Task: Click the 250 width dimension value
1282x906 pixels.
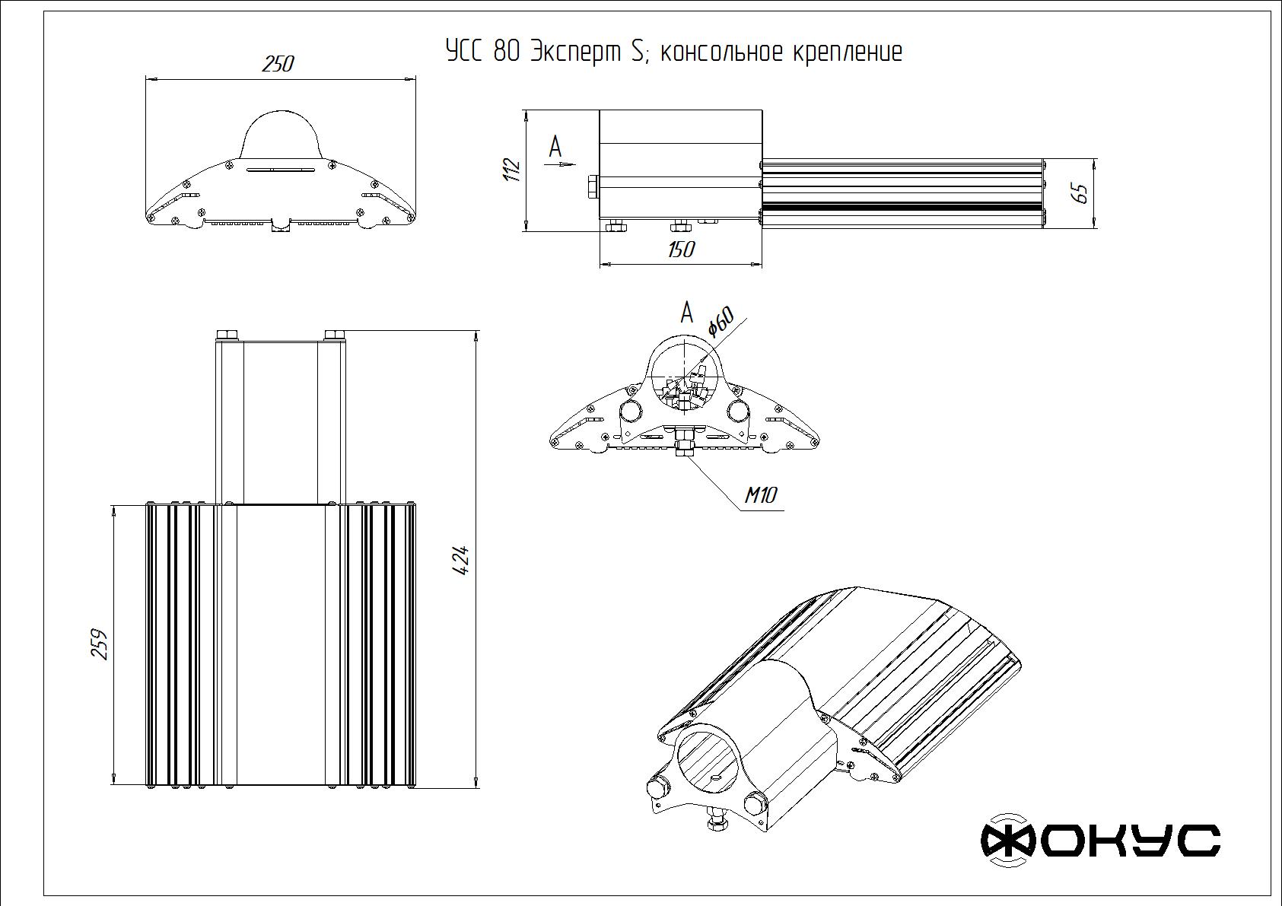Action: click(278, 64)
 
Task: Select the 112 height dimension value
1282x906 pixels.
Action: click(512, 169)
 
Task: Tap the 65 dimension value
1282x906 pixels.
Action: click(1080, 193)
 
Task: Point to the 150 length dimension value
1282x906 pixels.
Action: click(680, 250)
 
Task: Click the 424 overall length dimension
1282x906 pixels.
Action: click(461, 561)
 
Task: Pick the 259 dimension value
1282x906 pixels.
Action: click(100, 644)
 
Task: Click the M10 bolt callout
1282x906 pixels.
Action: click(760, 496)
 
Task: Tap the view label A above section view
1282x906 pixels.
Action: click(687, 312)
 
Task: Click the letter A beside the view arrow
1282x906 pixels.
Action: click(555, 145)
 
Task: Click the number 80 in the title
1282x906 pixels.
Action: click(507, 52)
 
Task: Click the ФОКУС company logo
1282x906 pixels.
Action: click(1100, 840)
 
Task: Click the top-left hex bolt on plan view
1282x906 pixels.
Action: click(227, 335)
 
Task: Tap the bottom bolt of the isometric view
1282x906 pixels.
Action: click(715, 825)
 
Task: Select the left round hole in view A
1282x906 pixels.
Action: click(630, 411)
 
